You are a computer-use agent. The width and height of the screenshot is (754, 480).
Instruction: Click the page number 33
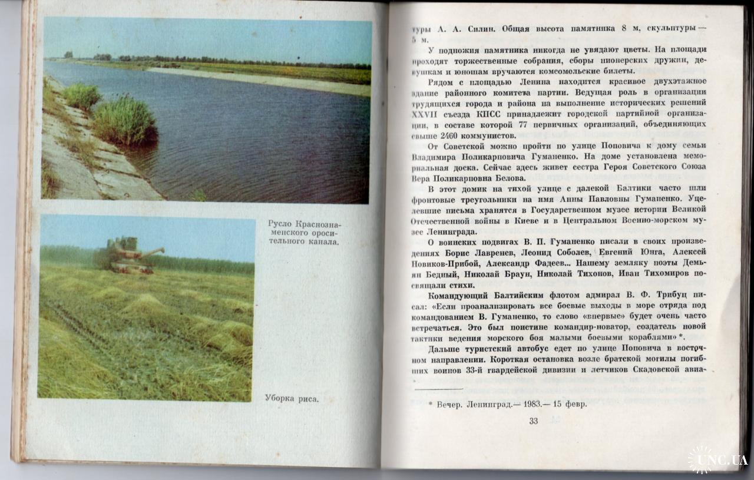[x=534, y=421]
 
